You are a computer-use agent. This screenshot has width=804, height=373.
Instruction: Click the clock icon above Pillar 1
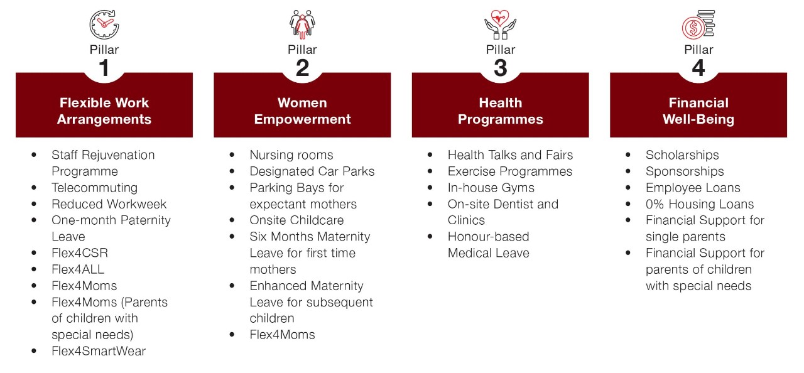click(x=104, y=24)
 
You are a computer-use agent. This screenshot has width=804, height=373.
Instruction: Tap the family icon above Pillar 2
click(x=302, y=24)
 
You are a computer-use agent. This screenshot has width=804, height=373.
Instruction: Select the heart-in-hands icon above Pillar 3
click(x=501, y=24)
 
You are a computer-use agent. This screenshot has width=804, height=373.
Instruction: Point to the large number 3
click(x=501, y=68)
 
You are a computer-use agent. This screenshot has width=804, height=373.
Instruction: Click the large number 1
click(x=104, y=68)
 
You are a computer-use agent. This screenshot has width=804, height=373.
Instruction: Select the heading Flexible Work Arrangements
click(x=104, y=111)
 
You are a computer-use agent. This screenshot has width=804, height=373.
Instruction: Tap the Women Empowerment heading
click(x=302, y=111)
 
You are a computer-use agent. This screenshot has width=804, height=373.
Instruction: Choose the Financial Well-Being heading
click(x=698, y=111)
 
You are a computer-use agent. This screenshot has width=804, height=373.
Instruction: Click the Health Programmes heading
click(x=501, y=111)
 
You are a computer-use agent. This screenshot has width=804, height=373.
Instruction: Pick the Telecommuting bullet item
click(x=94, y=188)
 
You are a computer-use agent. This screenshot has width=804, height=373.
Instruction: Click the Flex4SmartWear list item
click(x=99, y=351)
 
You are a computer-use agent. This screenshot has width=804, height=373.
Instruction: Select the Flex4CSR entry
click(x=80, y=253)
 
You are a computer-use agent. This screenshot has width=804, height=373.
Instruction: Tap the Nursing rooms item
click(x=291, y=155)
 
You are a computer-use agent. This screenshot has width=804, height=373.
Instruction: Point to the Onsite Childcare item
click(x=297, y=220)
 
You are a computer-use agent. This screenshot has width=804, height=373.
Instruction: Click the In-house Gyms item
click(x=491, y=188)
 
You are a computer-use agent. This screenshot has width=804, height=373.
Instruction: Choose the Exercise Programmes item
click(x=510, y=171)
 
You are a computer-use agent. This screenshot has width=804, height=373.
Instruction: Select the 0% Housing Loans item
click(x=700, y=204)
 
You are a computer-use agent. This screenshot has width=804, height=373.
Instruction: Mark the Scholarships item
click(x=682, y=155)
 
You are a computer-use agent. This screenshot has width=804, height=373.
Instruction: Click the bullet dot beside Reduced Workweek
click(x=34, y=204)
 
